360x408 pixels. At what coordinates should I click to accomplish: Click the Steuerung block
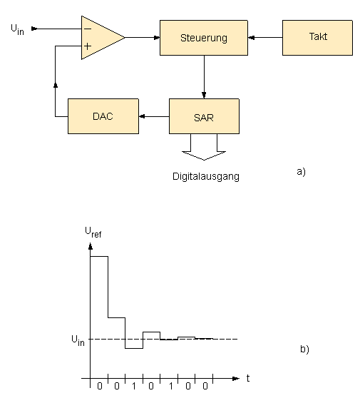pos(204,38)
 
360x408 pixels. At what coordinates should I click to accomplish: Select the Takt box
pos(317,38)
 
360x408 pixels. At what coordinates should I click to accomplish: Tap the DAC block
pos(103,116)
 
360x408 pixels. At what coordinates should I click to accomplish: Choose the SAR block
pos(204,116)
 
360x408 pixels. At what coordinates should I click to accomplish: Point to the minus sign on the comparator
pos(88,29)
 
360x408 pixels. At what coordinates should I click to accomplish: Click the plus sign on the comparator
pos(88,46)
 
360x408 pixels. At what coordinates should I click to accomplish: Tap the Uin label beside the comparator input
pos(17,29)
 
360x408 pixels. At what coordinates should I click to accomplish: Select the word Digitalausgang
pos(206,177)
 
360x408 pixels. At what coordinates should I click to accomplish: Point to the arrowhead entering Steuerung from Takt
pos(251,38)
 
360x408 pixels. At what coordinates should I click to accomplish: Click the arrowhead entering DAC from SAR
pos(142,116)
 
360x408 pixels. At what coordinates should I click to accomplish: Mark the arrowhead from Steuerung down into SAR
pos(204,96)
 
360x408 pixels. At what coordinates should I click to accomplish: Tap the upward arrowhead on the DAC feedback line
pos(55,85)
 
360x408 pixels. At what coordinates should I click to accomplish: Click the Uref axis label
pos(93,232)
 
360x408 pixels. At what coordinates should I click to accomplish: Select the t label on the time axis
pos(248,378)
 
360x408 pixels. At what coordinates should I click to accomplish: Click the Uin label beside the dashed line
pos(78,340)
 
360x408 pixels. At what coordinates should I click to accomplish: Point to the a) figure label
pos(302,171)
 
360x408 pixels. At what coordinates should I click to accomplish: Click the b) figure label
pos(304,349)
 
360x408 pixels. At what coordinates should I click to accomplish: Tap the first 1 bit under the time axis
pos(134,386)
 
